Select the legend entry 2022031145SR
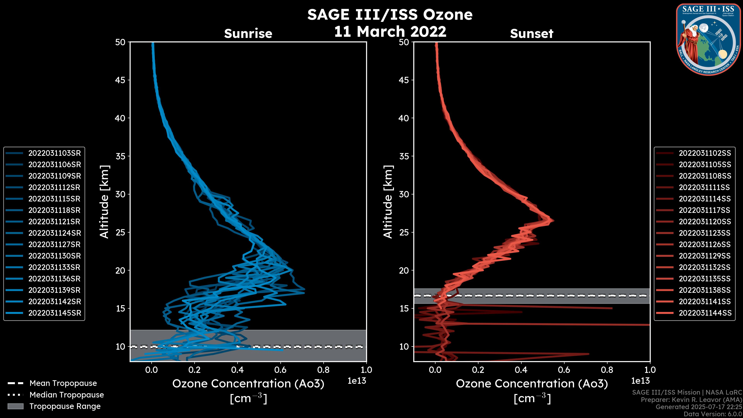point(55,313)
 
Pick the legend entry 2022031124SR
point(55,233)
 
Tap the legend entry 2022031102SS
point(705,153)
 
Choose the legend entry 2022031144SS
point(705,313)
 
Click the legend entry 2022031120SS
point(705,222)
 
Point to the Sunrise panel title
point(248,33)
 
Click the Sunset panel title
point(532,33)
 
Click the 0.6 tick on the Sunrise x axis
point(280,370)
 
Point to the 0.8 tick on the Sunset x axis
point(607,370)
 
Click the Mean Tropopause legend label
point(63,383)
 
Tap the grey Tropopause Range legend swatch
point(15,406)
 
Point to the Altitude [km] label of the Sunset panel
point(388,202)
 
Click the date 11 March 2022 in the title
point(390,31)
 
